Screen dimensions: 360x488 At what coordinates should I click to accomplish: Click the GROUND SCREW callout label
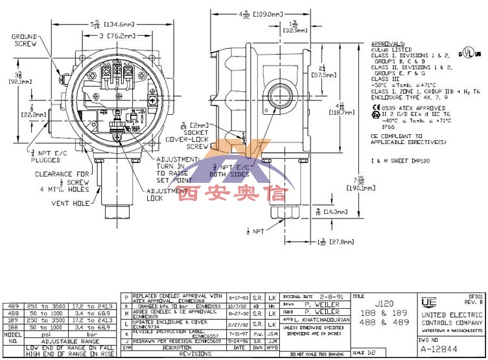point(23,40)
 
